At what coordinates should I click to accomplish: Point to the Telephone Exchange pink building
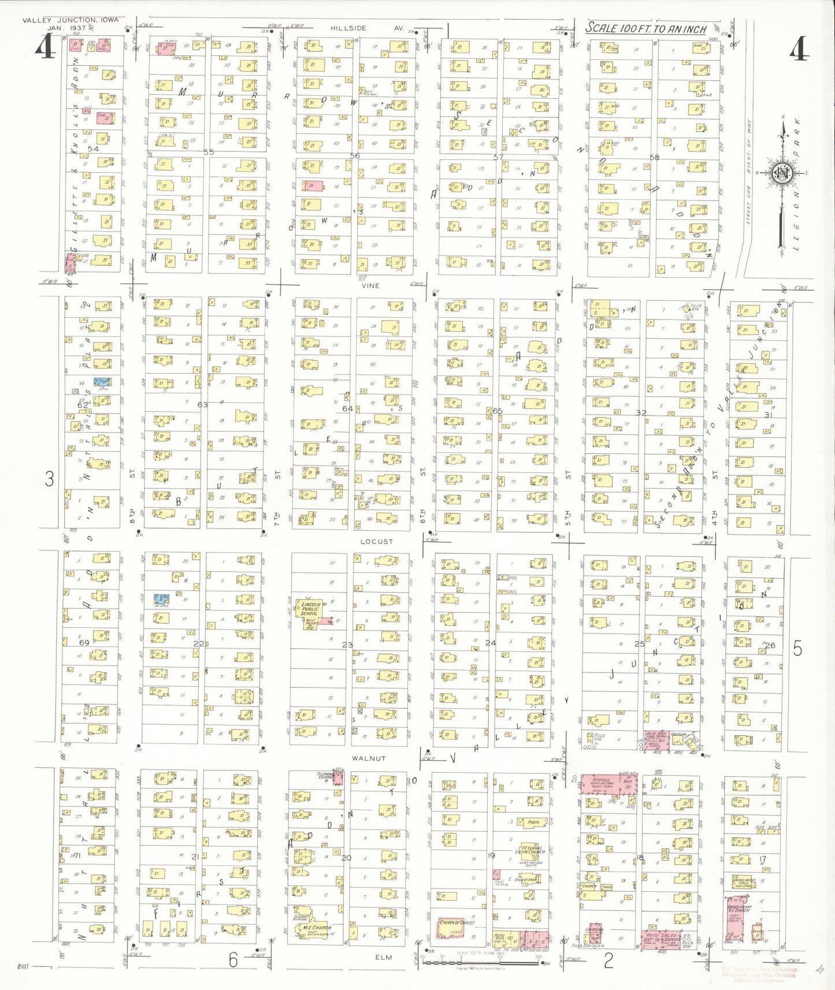pos(338,777)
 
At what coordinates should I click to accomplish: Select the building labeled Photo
pos(533,821)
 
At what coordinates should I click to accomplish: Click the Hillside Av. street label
pos(366,28)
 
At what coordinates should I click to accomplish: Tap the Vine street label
pos(370,285)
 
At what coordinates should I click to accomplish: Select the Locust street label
pos(376,541)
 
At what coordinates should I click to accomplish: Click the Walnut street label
pos(368,758)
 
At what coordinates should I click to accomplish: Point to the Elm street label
pos(384,957)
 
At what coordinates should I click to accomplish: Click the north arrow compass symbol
pos(783,173)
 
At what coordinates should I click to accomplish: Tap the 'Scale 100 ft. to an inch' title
pos(646,28)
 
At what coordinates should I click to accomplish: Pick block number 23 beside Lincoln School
pos(347,645)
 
